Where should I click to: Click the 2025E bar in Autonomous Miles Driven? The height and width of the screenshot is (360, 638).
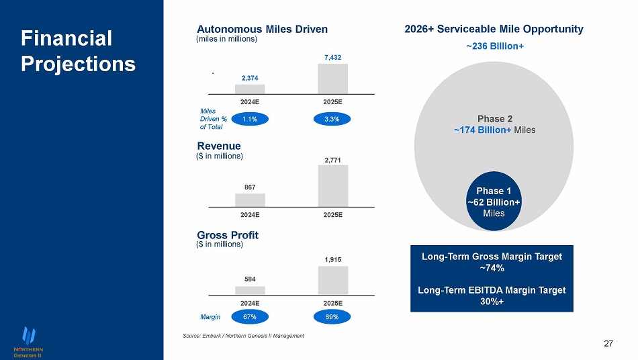point(332,79)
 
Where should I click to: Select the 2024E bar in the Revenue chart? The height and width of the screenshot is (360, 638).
point(250,200)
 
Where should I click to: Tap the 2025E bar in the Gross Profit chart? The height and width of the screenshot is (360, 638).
point(332,280)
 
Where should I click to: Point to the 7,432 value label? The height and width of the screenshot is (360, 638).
point(332,58)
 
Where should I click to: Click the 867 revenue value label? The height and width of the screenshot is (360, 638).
point(250,188)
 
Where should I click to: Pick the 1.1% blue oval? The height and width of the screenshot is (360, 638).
point(250,119)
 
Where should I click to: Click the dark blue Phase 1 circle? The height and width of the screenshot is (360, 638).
point(494,201)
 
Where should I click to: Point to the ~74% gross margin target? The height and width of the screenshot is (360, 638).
point(492,267)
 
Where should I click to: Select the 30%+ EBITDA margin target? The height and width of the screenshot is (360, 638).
point(492,301)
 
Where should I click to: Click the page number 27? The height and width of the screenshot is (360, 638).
point(608,345)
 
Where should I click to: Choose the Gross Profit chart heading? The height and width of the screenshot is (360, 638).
point(228,235)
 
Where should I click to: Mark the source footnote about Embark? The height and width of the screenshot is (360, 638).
point(243,336)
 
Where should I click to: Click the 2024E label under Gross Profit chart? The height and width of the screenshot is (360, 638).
point(250,302)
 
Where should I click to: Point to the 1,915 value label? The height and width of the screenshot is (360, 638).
point(332,259)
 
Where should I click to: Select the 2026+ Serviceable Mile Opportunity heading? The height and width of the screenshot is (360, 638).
point(494,30)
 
